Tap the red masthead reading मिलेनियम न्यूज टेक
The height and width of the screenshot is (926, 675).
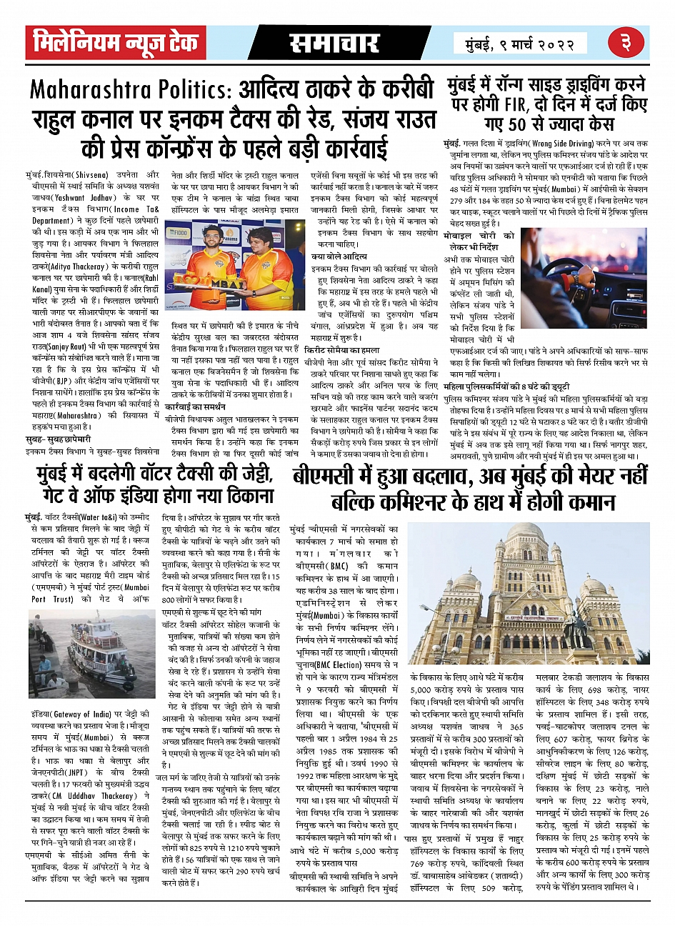coord(116,43)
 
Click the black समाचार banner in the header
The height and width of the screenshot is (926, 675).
coord(334,43)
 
